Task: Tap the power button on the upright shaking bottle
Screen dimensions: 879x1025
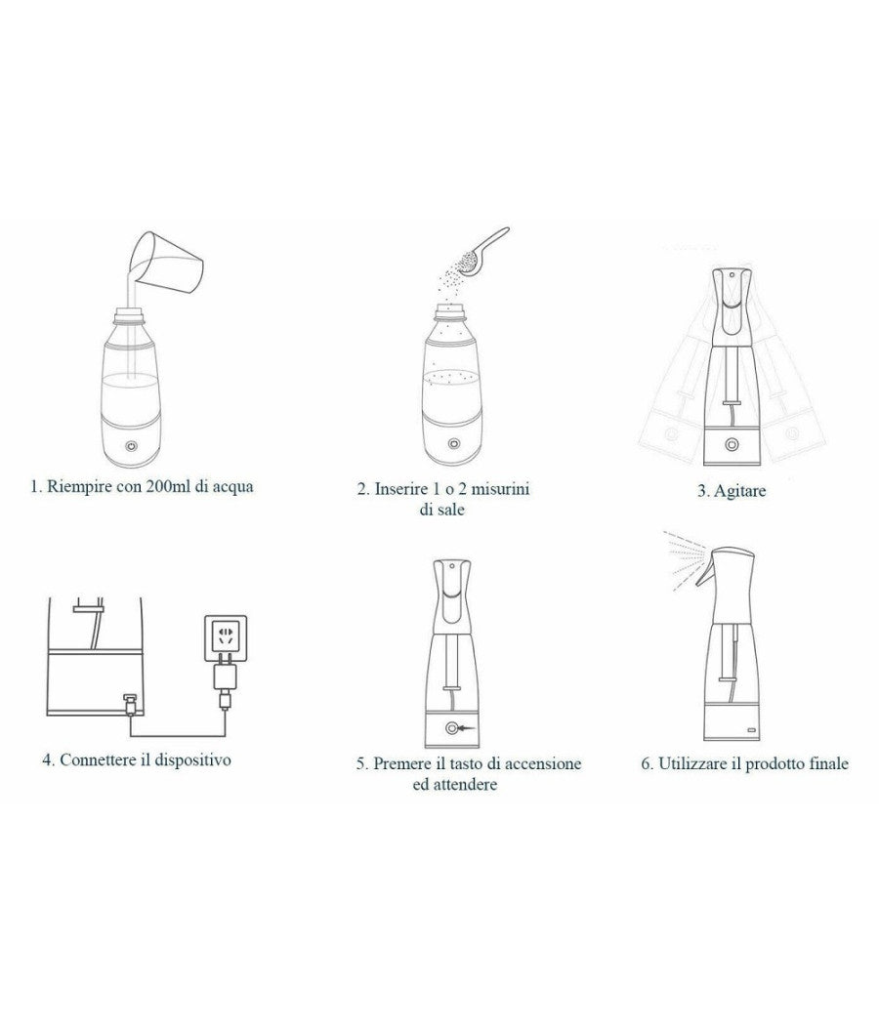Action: [x=732, y=444]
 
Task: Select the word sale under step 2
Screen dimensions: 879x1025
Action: [x=451, y=510]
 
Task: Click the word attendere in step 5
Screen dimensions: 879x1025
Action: [x=466, y=784]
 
